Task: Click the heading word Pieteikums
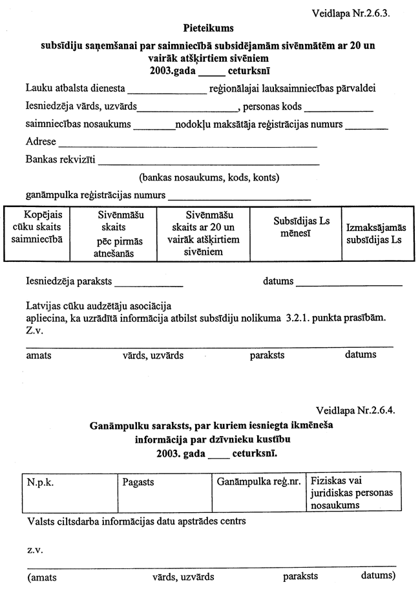coord(209,28)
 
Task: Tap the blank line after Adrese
coord(188,145)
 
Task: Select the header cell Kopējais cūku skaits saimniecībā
coord(37,226)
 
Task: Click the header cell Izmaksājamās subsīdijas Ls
coord(375,234)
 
